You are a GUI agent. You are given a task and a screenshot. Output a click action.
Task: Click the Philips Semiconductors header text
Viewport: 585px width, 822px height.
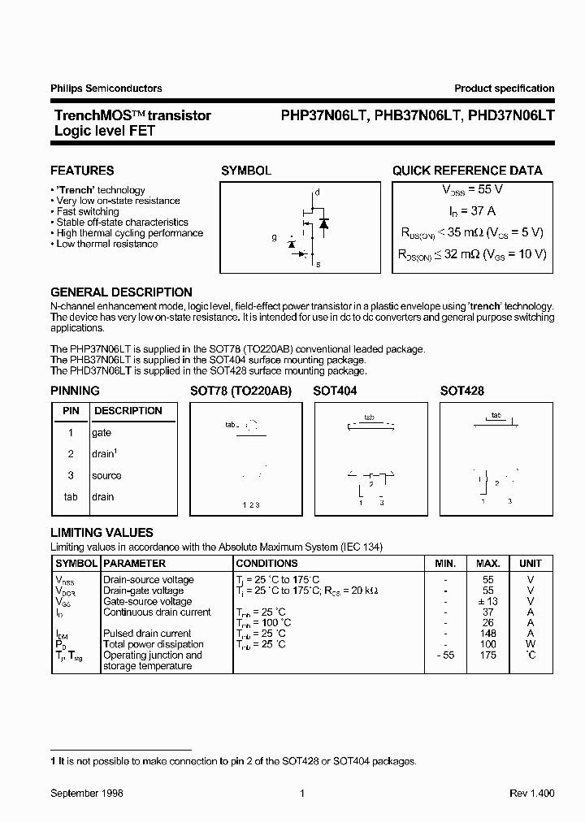point(106,89)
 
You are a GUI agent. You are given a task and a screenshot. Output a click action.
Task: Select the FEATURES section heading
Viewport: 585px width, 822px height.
point(82,171)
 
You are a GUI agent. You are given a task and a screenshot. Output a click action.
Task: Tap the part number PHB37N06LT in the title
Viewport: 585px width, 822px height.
point(413,116)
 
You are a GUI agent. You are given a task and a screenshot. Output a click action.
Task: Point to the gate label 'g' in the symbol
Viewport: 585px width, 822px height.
point(274,238)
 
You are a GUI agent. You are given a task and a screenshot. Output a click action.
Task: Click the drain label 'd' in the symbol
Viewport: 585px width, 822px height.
point(318,193)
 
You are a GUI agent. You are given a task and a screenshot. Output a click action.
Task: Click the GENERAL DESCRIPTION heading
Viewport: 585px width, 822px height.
point(121,292)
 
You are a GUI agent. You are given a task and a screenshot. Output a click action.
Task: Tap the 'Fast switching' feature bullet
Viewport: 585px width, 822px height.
point(88,211)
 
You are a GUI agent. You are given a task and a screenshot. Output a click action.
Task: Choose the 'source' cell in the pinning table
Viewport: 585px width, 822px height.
point(106,476)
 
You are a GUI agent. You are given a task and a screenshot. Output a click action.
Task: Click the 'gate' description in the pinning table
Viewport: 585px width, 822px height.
point(102,433)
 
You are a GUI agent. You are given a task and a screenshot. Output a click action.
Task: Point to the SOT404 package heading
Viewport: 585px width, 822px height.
point(335,391)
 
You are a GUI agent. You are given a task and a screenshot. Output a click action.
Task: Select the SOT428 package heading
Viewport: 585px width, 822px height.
point(461,391)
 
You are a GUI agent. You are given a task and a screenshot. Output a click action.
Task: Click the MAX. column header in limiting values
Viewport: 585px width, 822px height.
point(488,563)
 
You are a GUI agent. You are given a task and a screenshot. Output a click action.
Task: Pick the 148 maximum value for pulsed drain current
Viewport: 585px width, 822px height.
point(488,634)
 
